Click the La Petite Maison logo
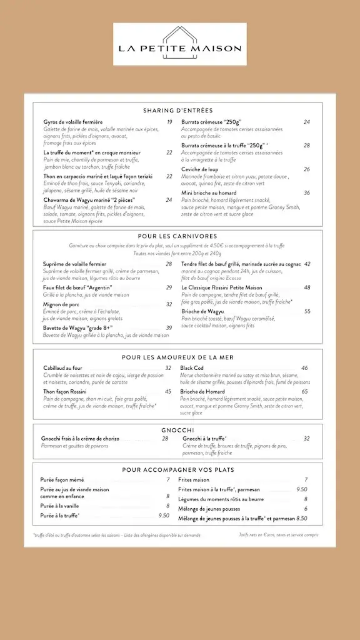click(x=180, y=44)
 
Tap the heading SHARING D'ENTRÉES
click(x=177, y=111)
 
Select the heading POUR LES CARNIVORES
click(x=177, y=236)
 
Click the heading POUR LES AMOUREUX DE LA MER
click(x=177, y=357)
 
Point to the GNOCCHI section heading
click(x=177, y=430)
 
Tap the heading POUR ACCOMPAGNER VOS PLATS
click(x=177, y=469)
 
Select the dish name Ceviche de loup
click(x=200, y=169)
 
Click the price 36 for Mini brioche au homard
click(x=307, y=193)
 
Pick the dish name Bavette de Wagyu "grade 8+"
click(x=78, y=327)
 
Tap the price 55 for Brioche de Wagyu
click(x=307, y=311)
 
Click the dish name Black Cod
click(x=192, y=368)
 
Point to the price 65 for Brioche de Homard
click(x=305, y=392)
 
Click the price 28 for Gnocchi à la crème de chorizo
click(x=165, y=439)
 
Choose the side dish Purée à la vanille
click(x=60, y=506)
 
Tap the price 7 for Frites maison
click(x=306, y=480)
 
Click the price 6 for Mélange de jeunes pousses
click(x=306, y=509)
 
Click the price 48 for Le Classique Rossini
click(x=307, y=287)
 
